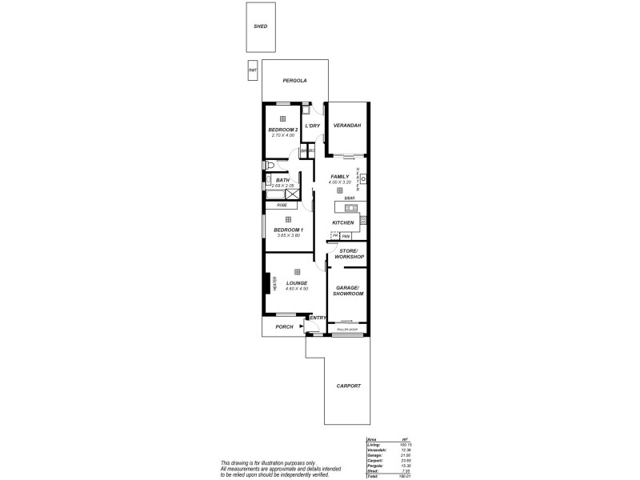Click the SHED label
[260, 26]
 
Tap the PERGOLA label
[295, 80]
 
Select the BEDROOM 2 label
[282, 130]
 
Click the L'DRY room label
[313, 126]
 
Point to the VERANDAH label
[347, 126]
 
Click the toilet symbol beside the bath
[269, 166]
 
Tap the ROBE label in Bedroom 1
[282, 205]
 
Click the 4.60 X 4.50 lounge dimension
[296, 289]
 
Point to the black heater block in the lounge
[268, 284]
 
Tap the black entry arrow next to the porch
[302, 326]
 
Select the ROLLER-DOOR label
[346, 330]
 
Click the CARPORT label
[348, 386]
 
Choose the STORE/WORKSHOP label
[349, 254]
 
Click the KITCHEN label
[343, 222]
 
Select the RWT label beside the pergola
[253, 70]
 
